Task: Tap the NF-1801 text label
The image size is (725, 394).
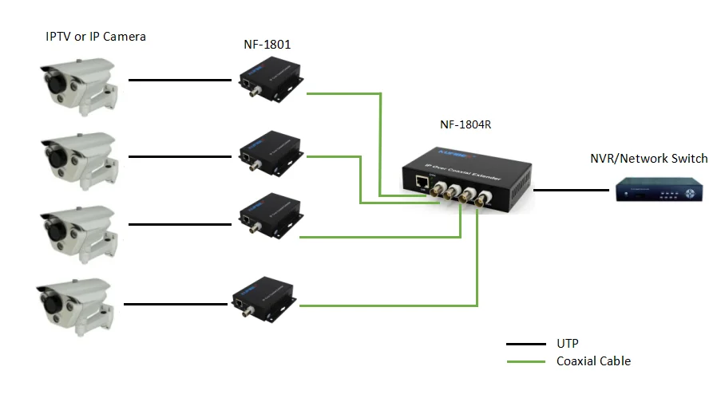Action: (x=266, y=45)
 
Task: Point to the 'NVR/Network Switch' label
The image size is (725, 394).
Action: (x=648, y=158)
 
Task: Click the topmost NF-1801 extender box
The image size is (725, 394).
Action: (x=270, y=82)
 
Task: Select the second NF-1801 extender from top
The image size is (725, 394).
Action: (x=270, y=154)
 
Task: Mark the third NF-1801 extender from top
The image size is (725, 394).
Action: (x=270, y=217)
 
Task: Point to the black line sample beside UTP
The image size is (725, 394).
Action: (x=526, y=344)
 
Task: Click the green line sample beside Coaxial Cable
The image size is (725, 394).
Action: (x=526, y=362)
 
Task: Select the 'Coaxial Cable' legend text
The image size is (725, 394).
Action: (x=593, y=361)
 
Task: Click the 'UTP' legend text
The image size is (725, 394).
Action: (x=568, y=343)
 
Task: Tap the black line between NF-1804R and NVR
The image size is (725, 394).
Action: (x=570, y=191)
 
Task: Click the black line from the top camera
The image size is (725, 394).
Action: (x=179, y=80)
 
